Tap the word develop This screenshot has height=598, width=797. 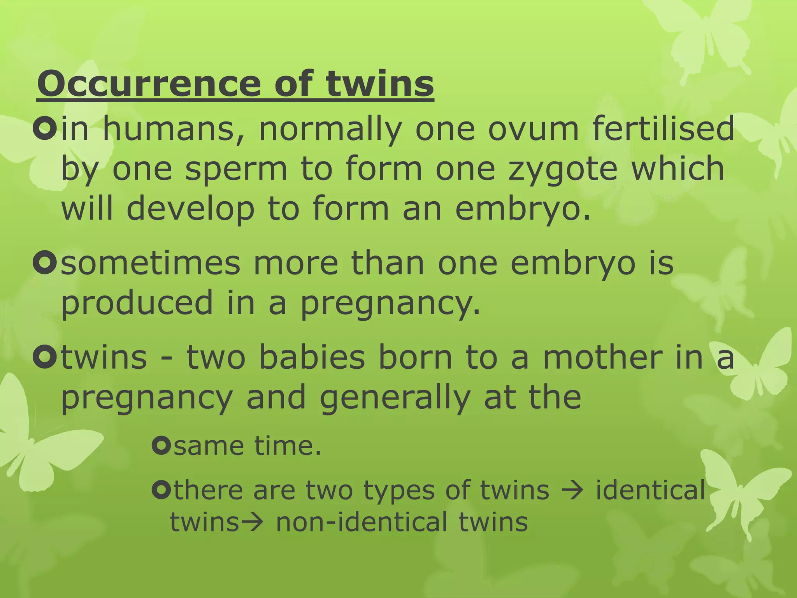coord(190,208)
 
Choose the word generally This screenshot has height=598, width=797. coord(395,398)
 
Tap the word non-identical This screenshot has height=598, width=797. coord(362,522)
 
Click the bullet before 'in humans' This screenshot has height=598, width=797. coord(45,129)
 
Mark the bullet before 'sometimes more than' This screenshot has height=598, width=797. coord(45,264)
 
